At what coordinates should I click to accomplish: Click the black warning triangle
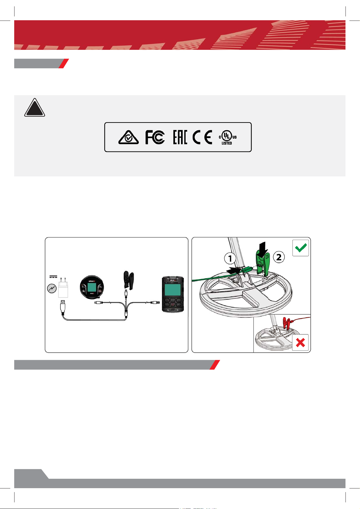[35, 108]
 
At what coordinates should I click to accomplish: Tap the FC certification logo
[155, 137]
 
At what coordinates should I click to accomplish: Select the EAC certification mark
[180, 137]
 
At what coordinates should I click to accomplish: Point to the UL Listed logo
[228, 137]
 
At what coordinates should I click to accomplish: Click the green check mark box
[301, 248]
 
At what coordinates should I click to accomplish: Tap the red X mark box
[300, 342]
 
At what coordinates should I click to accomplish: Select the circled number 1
[230, 259]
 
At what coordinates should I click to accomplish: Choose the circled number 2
[279, 257]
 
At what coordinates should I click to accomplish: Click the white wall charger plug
[63, 288]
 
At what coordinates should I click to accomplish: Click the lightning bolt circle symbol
[51, 289]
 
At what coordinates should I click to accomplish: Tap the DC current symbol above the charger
[53, 277]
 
